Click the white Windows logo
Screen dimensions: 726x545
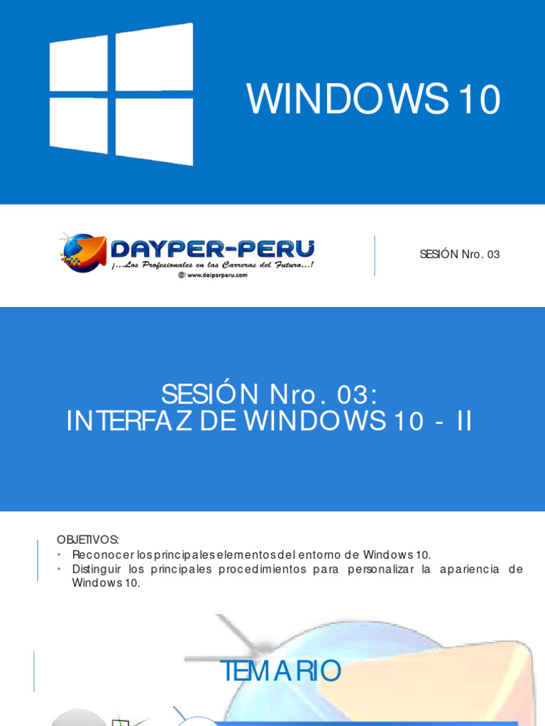[x=121, y=94]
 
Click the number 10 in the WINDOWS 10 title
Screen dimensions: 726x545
[x=479, y=100]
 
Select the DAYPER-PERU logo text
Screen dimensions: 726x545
[x=212, y=249]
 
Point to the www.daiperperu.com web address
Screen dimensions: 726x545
[x=213, y=275]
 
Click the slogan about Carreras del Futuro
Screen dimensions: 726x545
[x=212, y=264]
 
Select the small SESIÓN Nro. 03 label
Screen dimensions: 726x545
[x=459, y=255]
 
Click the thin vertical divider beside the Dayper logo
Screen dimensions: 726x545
[x=375, y=255]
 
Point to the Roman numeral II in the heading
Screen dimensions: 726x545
[x=464, y=421]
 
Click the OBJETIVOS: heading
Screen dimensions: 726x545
[x=88, y=540]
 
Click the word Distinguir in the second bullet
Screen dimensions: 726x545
[x=97, y=569]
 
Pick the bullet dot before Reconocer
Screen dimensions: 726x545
[x=60, y=554]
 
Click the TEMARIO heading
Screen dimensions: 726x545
[x=281, y=671]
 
